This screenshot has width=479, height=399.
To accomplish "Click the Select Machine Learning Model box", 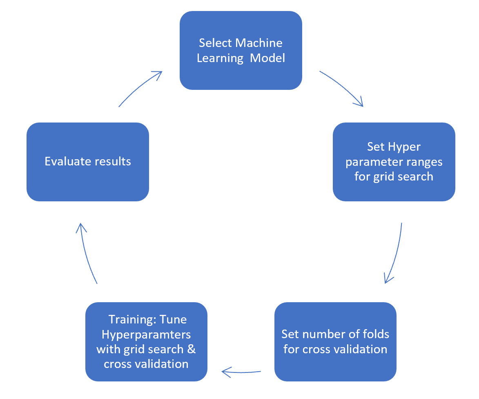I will [241, 50].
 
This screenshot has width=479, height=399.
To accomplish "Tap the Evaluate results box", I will [87, 162].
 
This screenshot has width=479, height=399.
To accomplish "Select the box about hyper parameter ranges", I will [394, 162].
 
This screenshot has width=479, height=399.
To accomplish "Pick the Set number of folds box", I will [335, 342].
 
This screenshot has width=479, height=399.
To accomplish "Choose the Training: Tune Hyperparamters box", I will [146, 342].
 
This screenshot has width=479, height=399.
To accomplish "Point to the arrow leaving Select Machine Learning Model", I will [342, 88].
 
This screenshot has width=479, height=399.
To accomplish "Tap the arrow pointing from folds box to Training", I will [241, 372].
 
